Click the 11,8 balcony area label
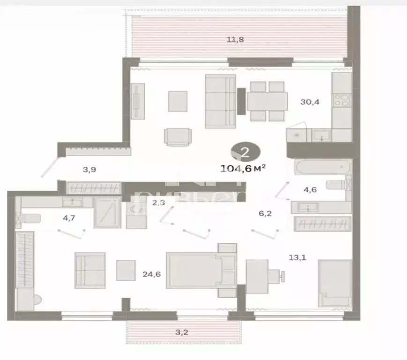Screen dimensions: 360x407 235,39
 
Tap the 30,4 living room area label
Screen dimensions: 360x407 310,101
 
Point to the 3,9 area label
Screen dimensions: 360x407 90,169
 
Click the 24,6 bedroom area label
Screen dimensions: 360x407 151,274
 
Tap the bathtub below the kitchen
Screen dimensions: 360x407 323,167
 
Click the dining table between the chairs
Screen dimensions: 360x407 267,101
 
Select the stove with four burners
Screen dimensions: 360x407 341,100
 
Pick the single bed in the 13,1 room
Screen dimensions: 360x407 334,283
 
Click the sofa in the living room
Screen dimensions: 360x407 220,101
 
